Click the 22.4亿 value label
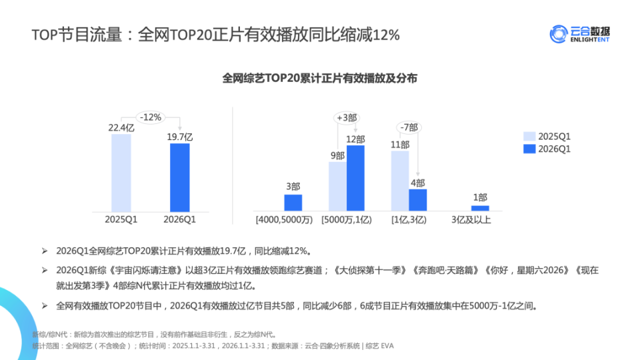click(x=121, y=127)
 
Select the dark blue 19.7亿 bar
click(x=179, y=177)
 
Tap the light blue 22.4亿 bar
click(x=121, y=173)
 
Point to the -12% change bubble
click(x=151, y=117)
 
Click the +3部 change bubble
click(x=347, y=118)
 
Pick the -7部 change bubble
click(x=409, y=127)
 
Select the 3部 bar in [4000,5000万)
click(x=293, y=203)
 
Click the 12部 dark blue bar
click(x=355, y=178)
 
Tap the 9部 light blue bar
click(x=337, y=186)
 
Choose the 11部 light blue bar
click(x=400, y=181)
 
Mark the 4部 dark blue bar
click(x=418, y=200)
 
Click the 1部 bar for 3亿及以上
click(x=480, y=208)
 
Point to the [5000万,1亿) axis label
click(x=347, y=219)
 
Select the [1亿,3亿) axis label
click(x=409, y=219)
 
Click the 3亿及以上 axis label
click(x=471, y=219)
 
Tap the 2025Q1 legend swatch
click(x=529, y=136)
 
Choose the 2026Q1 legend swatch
click(x=529, y=149)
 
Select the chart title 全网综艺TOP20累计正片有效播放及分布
click(x=319, y=78)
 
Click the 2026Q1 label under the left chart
click(x=179, y=219)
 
